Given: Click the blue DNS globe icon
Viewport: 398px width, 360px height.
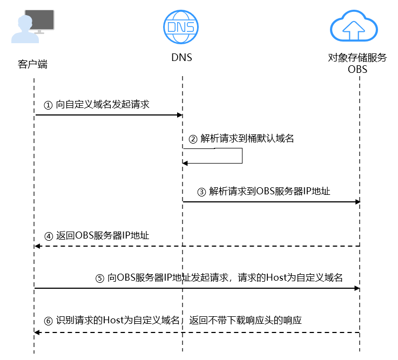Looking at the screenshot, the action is click(181, 27).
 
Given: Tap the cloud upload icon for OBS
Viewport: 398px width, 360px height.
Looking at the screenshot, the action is click(354, 26).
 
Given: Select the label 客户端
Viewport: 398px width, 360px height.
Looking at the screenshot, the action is click(32, 64).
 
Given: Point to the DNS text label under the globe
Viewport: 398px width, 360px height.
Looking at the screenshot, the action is click(182, 58).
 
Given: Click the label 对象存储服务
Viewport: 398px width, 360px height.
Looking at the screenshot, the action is click(357, 58).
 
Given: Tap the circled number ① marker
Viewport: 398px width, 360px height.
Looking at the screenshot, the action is click(48, 105).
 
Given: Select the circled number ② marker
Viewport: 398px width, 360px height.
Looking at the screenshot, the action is click(193, 139).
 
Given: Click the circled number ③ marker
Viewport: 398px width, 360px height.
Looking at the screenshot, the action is click(201, 192).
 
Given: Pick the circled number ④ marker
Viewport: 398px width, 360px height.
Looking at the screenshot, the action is click(49, 236).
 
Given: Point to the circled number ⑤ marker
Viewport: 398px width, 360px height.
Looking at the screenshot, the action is click(100, 279).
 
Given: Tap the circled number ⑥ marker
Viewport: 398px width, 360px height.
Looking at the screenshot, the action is click(48, 321).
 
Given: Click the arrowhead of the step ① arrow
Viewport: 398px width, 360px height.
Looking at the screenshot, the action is click(180, 115).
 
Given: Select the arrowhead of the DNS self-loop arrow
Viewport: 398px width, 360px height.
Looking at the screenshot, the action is click(185, 163).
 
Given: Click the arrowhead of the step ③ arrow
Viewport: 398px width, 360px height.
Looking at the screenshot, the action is click(357, 202).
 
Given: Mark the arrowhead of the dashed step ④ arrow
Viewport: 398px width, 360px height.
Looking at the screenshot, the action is click(37, 246).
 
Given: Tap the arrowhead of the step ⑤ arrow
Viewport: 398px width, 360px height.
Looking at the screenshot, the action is click(357, 288).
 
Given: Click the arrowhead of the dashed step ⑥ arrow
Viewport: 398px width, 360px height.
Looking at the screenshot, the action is click(37, 332).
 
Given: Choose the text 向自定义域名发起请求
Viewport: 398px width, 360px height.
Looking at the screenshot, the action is click(103, 105).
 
